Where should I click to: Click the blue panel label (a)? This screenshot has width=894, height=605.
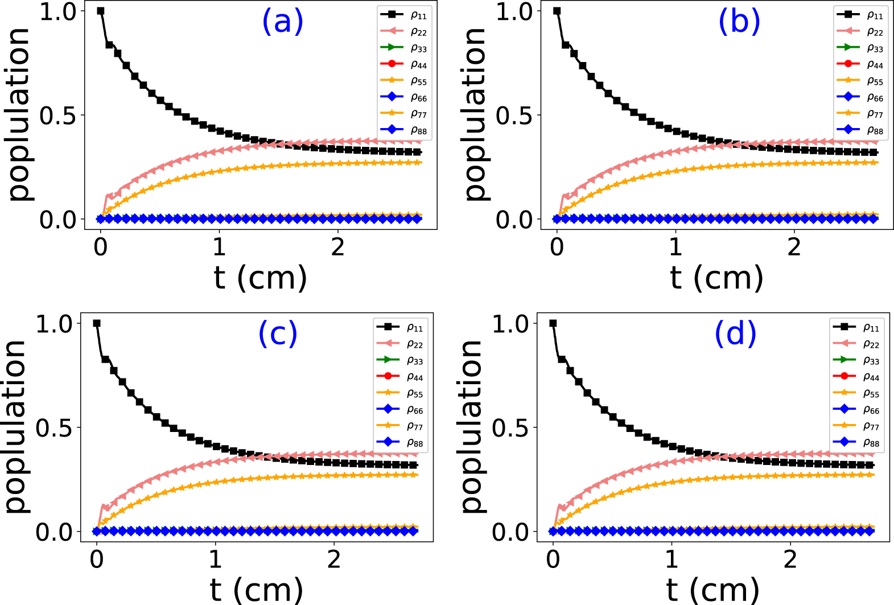pos(282,22)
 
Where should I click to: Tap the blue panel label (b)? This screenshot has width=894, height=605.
pos(739,22)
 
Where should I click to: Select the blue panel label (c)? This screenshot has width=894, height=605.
pos(278,334)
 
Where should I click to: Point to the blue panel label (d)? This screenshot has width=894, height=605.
pos(735,334)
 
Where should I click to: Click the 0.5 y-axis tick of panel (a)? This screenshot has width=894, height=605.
pos(57,116)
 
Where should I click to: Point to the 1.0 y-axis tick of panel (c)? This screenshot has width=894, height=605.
pos(54,324)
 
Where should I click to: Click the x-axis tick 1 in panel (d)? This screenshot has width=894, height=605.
pos(671,559)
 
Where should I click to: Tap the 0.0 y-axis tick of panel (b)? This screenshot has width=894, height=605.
pos(514,220)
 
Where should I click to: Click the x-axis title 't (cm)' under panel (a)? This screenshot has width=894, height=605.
pos(260,278)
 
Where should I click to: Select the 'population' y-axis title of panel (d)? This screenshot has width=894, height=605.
pos(471,427)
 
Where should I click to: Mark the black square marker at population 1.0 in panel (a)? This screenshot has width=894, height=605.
pos(101,11)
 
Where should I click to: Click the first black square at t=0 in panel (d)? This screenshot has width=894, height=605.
pos(553,323)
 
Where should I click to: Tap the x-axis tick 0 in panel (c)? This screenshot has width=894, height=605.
pos(97,559)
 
